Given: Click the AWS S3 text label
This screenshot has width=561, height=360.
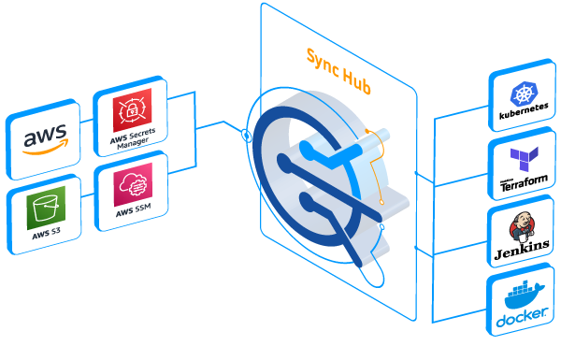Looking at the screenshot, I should pyautogui.click(x=39, y=233).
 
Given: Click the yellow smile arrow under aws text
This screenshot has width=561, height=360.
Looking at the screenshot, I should pyautogui.click(x=45, y=151).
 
